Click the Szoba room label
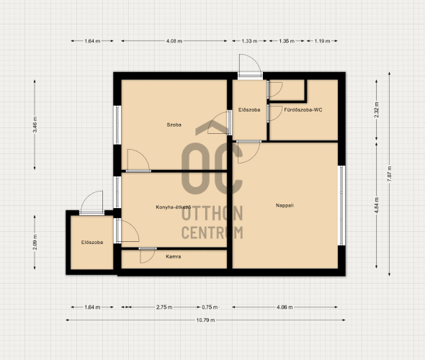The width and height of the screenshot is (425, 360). [x=174, y=125]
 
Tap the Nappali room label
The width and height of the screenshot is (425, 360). [x=285, y=205]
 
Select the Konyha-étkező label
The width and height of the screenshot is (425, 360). [x=174, y=207]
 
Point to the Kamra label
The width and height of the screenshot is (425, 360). [x=174, y=256]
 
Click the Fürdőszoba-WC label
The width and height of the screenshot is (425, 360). [x=303, y=109]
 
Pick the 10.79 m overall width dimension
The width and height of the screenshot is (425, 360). [x=205, y=320]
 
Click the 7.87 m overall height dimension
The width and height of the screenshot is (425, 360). [x=389, y=174]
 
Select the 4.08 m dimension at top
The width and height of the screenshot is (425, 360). [x=174, y=41]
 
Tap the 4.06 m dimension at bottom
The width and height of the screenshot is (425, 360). [x=285, y=307]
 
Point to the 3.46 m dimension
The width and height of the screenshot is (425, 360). [x=35, y=125]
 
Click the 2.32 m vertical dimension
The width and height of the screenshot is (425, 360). [x=376, y=109]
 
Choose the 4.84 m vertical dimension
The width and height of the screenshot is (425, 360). [x=376, y=205]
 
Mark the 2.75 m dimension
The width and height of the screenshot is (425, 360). [x=164, y=307]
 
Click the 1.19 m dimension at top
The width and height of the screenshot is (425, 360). [x=322, y=41]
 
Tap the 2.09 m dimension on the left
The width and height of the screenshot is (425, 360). [x=35, y=242]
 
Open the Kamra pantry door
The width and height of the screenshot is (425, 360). [x=148, y=255]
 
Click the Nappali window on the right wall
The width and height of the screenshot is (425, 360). [x=341, y=205]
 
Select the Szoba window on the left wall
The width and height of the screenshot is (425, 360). [x=117, y=125]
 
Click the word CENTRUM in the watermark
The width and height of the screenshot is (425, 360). [x=212, y=233]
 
